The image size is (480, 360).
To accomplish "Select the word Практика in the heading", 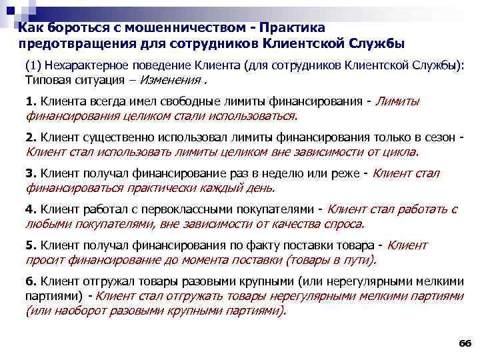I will [292, 29].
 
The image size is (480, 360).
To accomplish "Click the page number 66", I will [465, 344].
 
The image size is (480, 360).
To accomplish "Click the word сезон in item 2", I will [439, 137].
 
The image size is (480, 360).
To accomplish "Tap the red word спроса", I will [343, 224].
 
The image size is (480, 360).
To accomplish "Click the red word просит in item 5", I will [42, 260].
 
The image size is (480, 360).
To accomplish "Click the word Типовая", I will [46, 80].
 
